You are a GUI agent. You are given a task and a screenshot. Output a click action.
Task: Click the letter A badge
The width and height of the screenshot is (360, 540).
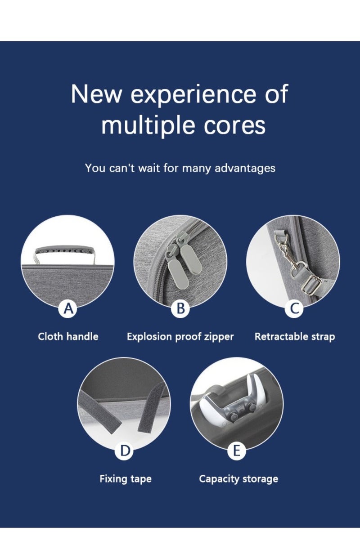[x=68, y=308]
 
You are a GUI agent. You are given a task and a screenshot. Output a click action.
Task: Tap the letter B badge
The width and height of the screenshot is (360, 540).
[x=180, y=308]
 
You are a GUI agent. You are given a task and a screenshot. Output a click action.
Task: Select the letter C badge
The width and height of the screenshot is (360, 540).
[x=294, y=308]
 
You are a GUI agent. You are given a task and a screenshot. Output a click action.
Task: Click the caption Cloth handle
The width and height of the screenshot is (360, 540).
[x=68, y=336]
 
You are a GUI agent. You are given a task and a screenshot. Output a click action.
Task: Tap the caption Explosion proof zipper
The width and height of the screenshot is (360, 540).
[x=180, y=337]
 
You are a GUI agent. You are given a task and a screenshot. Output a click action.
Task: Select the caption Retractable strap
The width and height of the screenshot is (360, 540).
[x=295, y=337]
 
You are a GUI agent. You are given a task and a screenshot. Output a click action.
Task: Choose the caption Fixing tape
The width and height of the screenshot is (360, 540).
[x=126, y=479]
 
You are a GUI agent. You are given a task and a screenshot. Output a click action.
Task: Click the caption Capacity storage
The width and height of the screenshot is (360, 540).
[x=238, y=479]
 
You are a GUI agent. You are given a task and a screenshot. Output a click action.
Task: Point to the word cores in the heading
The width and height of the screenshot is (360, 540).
[x=235, y=126]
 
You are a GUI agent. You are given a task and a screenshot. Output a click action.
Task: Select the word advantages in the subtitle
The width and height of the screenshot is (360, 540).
[x=245, y=168]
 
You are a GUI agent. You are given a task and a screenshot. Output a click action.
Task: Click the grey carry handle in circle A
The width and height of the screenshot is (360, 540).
[x=65, y=255]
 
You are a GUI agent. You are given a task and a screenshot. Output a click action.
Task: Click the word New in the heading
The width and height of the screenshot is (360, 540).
[x=96, y=94]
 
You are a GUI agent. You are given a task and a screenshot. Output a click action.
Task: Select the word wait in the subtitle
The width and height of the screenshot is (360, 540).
[x=149, y=168]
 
